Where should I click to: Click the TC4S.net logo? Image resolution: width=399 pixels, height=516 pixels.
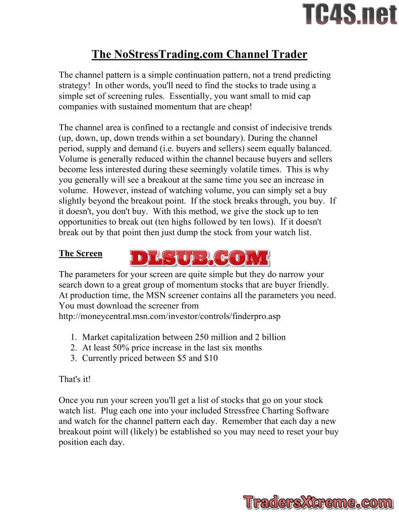pos(349,14)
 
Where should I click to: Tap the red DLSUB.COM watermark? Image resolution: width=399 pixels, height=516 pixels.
pos(199,257)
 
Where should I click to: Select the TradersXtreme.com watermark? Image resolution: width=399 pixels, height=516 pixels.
pos(318,502)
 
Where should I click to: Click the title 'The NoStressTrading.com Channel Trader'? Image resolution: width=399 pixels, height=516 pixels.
pos(199,54)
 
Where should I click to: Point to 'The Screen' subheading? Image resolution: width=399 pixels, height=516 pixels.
pos(81,253)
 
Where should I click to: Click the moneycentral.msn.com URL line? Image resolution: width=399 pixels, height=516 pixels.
pos(169,316)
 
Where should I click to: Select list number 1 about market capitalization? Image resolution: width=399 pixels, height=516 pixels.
pos(74,337)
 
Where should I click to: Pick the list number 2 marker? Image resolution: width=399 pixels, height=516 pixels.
pos(74,348)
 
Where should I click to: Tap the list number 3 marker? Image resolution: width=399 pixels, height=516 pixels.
pos(74,358)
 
